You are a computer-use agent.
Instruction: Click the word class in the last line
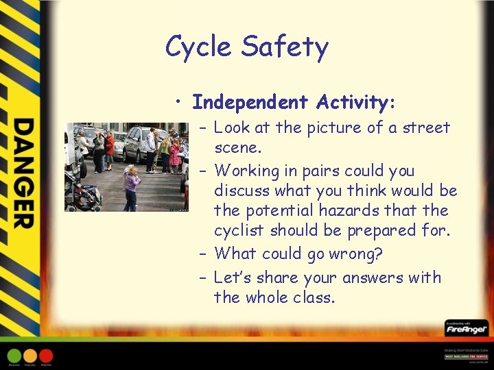point(311,297)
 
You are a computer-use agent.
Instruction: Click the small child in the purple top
point(130,187)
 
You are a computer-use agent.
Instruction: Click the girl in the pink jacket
point(175,154)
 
